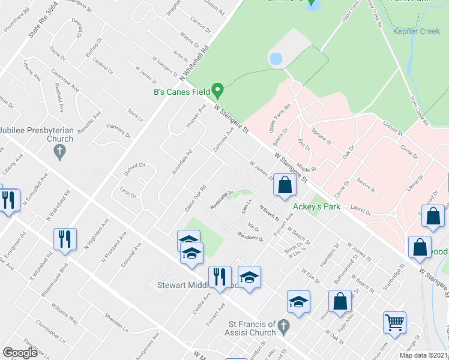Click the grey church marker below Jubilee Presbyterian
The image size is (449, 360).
[59, 153]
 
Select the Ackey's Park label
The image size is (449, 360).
[316, 206]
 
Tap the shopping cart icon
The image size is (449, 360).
[395, 322]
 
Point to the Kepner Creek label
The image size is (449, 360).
[416, 31]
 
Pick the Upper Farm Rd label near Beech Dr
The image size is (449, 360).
[280, 118]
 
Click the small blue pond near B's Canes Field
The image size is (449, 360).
[276, 59]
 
